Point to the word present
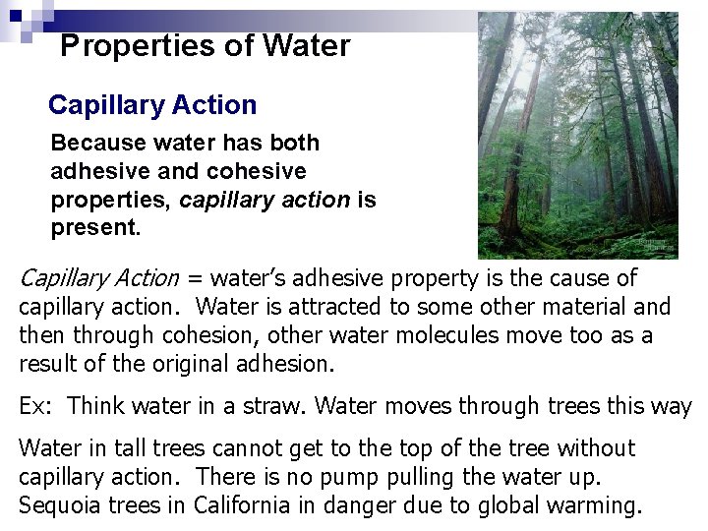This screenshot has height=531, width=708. [95, 229]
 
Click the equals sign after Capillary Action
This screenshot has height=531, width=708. [195, 279]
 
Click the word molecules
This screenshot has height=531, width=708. [472, 336]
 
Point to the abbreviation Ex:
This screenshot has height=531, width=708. [36, 406]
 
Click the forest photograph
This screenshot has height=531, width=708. [578, 136]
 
